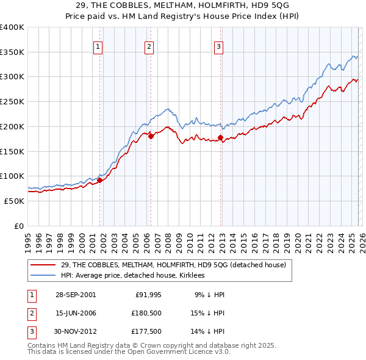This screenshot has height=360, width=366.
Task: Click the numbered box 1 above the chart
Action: click(x=98, y=45)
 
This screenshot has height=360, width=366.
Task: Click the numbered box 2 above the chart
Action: click(x=149, y=45)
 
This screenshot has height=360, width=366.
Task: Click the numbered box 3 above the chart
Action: click(x=219, y=45)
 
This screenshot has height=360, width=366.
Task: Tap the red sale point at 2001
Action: click(x=99, y=180)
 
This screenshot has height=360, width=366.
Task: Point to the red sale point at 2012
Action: click(x=220, y=138)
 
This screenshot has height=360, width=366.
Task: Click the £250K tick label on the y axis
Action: click(x=12, y=102)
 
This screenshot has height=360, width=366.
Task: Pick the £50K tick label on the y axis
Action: click(x=14, y=201)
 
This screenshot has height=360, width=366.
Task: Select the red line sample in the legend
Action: click(x=44, y=265)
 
